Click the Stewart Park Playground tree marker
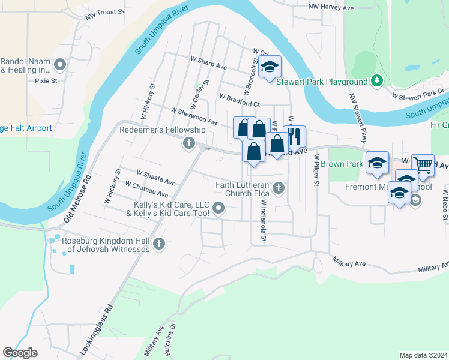(377, 81)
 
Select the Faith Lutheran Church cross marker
(278, 188)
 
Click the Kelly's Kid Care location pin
(219, 209)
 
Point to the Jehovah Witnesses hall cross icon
(159, 244)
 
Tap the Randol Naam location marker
(59, 64)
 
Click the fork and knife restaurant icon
(294, 136)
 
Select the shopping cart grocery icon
(423, 164)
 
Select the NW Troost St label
(104, 14)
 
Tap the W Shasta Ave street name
(156, 177)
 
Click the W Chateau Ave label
(147, 190)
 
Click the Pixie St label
(46, 80)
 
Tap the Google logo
(20, 353)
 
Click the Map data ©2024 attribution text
(423, 355)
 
